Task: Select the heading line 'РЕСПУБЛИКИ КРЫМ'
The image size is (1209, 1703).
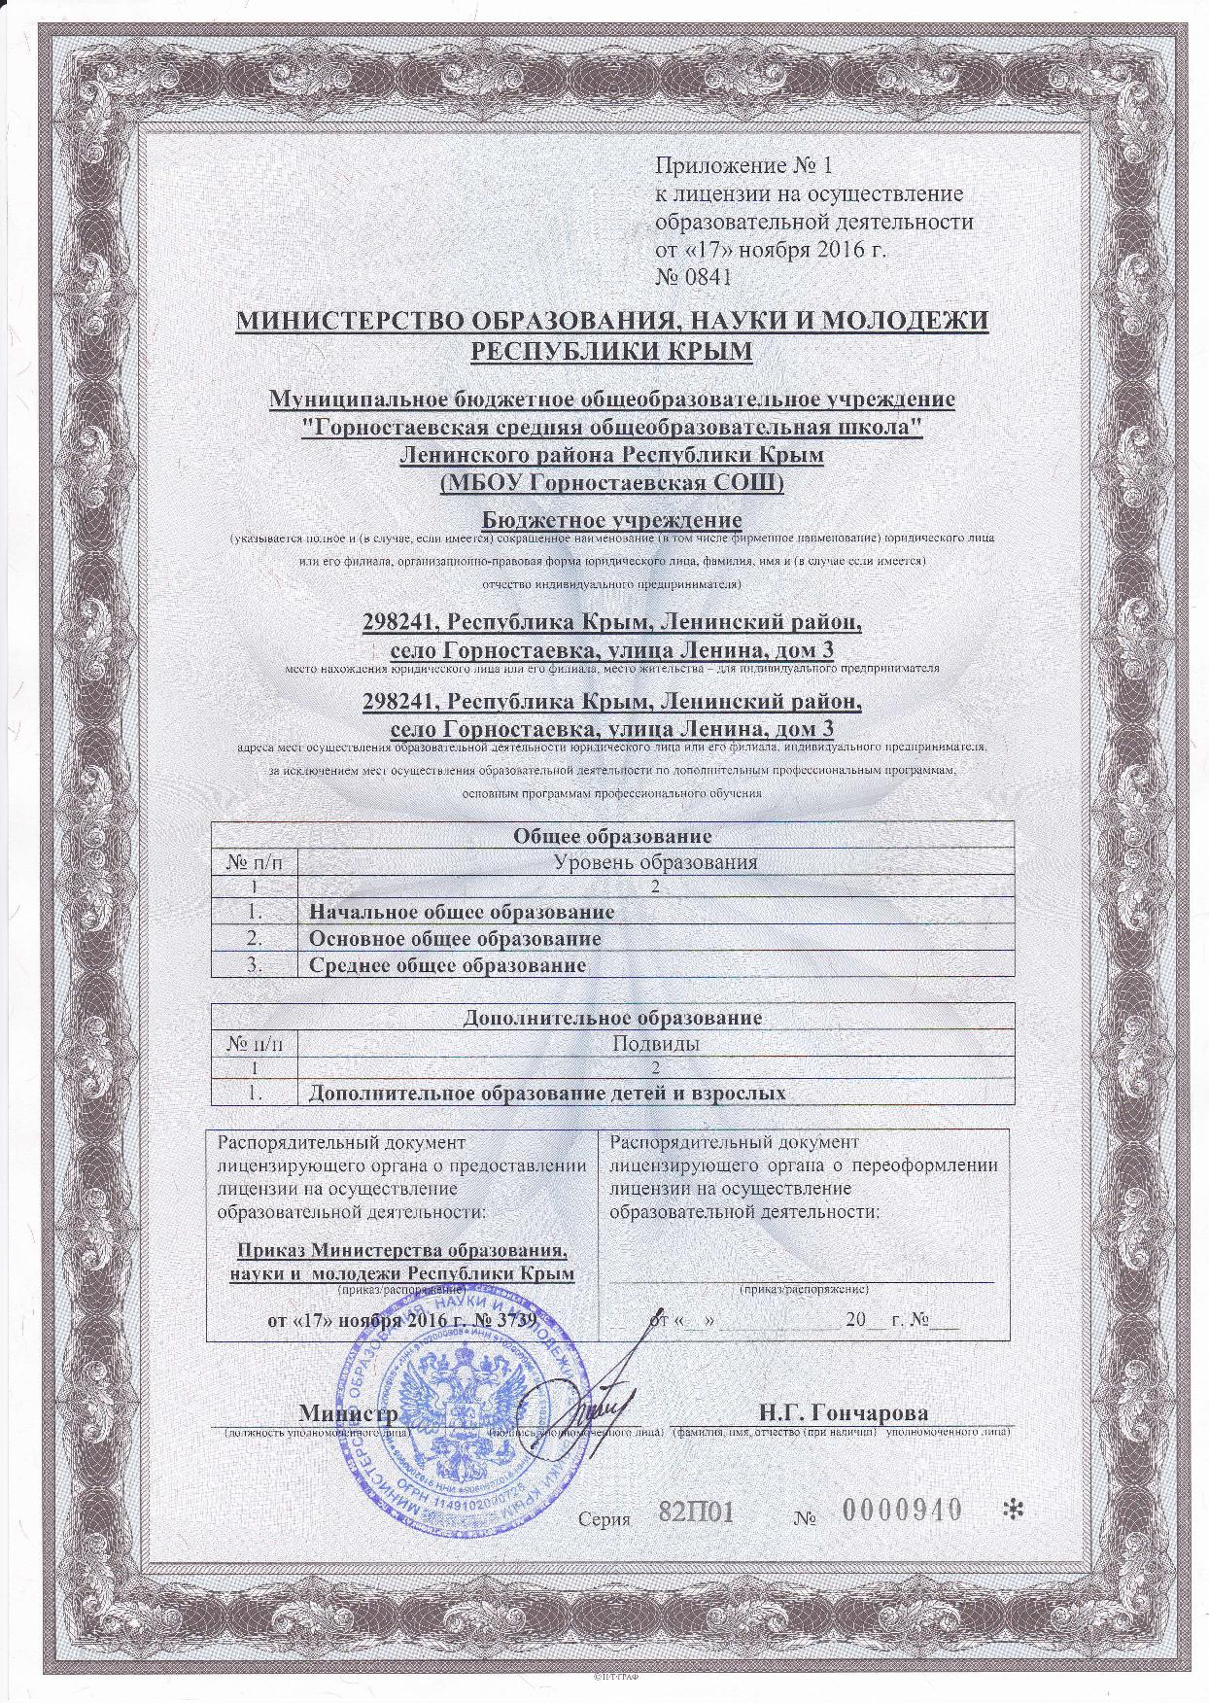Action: tap(611, 349)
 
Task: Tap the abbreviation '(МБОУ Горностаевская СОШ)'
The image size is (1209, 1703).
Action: tap(611, 482)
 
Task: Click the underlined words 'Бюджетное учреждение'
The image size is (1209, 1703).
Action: tap(611, 519)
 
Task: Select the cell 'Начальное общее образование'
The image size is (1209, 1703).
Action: tap(461, 912)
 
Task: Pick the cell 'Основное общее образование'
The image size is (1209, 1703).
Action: tap(454, 939)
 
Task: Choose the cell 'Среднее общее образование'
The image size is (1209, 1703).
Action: tap(447, 965)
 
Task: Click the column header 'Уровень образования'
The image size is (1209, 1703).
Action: tap(653, 861)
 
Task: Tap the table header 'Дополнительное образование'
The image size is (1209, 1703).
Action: tap(612, 1018)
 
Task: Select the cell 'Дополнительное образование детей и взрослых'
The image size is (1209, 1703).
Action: tap(546, 1093)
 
